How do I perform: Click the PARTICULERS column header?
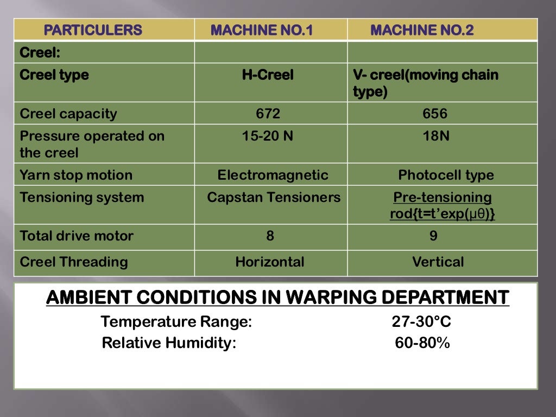93,30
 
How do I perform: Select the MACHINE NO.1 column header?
262,30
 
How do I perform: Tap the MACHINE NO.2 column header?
422,30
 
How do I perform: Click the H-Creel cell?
268,75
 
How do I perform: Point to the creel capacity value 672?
268,114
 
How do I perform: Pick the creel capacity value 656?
435,114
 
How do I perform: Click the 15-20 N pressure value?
268,136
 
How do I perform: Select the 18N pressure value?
436,136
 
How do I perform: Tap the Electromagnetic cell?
273,175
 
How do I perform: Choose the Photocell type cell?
446,175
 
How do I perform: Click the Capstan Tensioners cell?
274,197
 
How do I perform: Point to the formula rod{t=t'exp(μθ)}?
442,214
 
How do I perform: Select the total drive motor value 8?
270,236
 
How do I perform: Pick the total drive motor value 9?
433,236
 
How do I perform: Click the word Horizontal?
270,262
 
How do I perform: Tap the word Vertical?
438,262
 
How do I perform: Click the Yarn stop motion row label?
76,175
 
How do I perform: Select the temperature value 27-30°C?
421,322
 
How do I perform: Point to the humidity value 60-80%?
422,343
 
